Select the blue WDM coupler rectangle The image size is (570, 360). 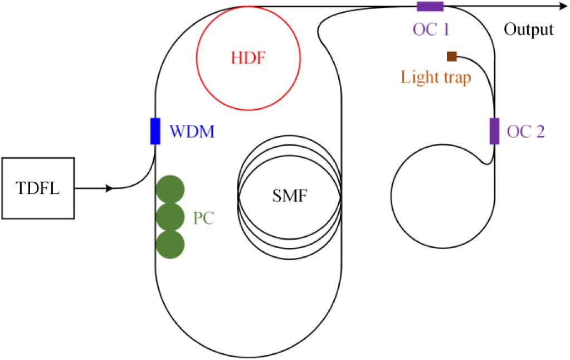[x=155, y=131]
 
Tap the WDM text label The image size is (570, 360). [x=192, y=133]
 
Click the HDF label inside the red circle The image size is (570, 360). [x=248, y=57]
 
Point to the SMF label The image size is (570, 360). [x=289, y=196]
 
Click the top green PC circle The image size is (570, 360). [x=170, y=189]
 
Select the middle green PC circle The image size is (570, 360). [x=170, y=216]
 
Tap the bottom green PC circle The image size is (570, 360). [x=170, y=244]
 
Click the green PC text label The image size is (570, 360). [x=204, y=217]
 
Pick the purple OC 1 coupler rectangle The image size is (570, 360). [x=430, y=7]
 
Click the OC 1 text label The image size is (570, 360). [x=430, y=28]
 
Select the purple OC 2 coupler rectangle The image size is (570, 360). [x=494, y=131]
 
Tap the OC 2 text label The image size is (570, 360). [x=525, y=133]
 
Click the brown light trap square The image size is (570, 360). [x=452, y=56]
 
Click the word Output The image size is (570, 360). [x=529, y=30]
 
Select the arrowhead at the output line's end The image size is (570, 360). [x=562, y=7]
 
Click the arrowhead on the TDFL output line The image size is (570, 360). [x=110, y=188]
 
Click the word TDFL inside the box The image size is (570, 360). [x=38, y=187]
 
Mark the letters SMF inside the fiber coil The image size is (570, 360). [x=289, y=196]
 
